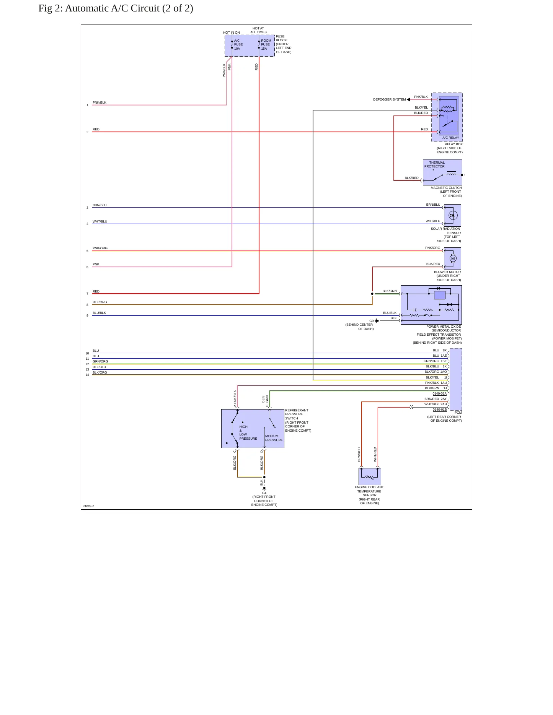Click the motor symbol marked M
click(x=453, y=259)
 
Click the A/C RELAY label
click(x=450, y=138)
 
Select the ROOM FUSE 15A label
click(x=266, y=45)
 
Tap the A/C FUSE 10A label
click(x=238, y=45)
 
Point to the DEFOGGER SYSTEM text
click(x=389, y=99)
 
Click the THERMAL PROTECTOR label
click(x=435, y=164)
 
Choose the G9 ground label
click(x=371, y=321)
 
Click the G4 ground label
click(x=264, y=493)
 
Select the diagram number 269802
click(x=88, y=506)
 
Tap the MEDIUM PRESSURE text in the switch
click(x=274, y=438)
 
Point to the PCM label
click(x=458, y=413)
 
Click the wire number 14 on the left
click(x=87, y=375)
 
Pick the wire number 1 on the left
click(x=87, y=105)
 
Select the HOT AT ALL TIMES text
click(x=258, y=30)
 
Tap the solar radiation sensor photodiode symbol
click(x=453, y=215)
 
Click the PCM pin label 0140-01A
click(x=440, y=393)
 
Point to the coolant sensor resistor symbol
click(x=369, y=477)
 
